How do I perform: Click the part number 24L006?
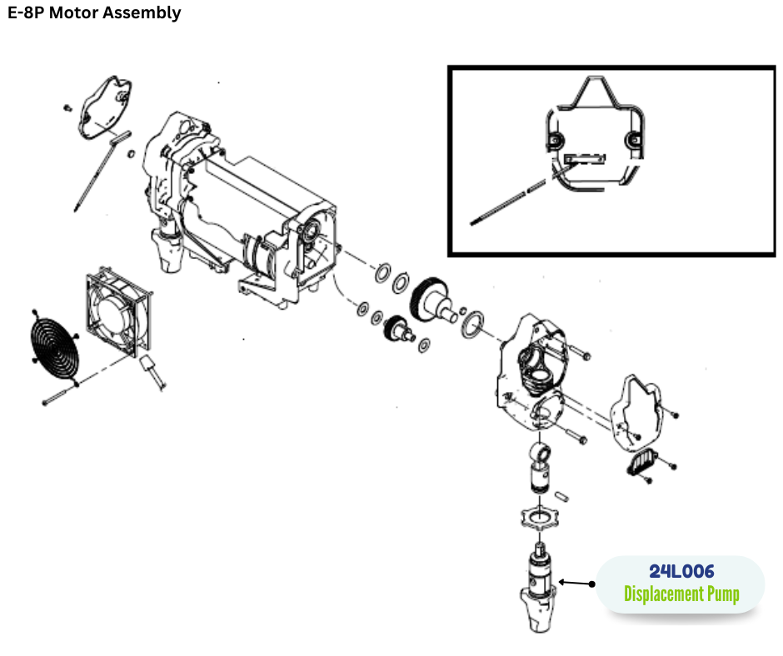pyautogui.click(x=681, y=572)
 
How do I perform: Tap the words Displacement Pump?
pyautogui.click(x=681, y=594)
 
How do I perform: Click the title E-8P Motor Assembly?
pyautogui.click(x=93, y=12)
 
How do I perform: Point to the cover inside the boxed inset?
pyautogui.click(x=591, y=142)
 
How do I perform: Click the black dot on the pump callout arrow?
pyautogui.click(x=593, y=584)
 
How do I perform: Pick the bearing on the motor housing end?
pyautogui.click(x=319, y=234)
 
